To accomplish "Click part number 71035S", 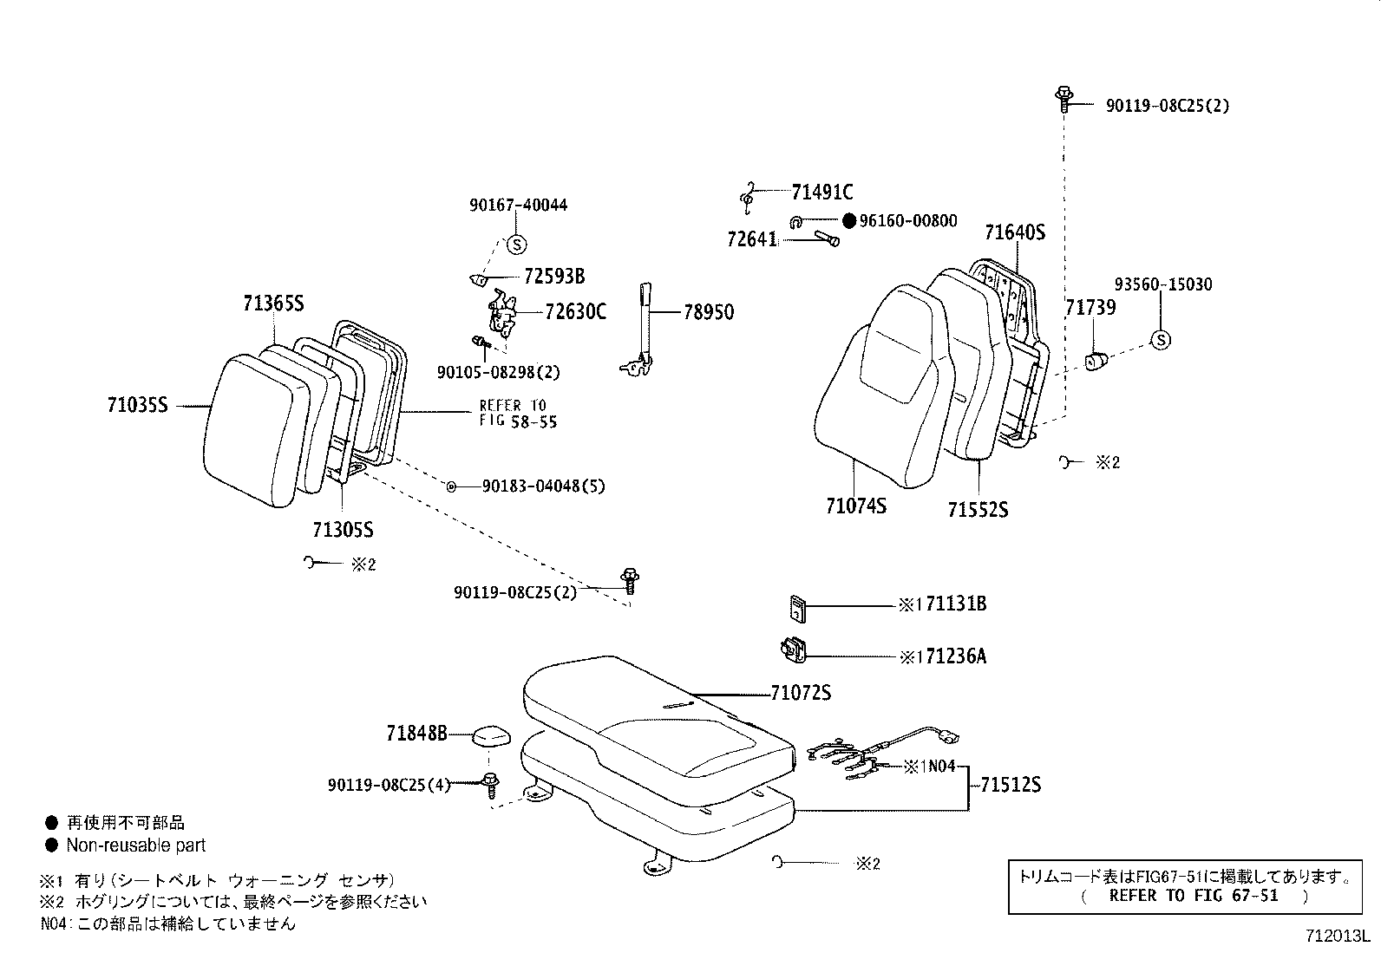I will pos(137,405).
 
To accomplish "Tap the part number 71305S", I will pos(343,530).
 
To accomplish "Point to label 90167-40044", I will pos(519,206).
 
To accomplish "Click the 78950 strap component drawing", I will pos(643,330).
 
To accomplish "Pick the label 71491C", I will pos(821,192).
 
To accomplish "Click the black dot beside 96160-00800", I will pos(849,221).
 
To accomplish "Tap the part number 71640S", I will pos(1014,232).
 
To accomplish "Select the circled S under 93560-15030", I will pos(1160,340).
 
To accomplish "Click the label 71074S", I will pos(856,506).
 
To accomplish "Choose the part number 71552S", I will pos(978,510).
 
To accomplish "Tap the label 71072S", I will pos(801,694).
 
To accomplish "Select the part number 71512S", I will pos(1011,786).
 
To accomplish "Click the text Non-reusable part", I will pos(136,845).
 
